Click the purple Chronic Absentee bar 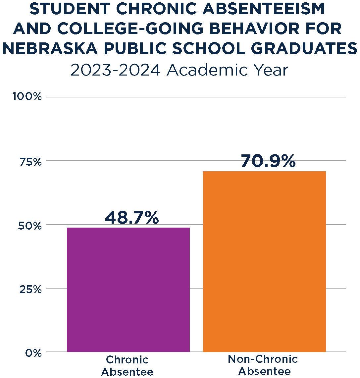pos(128,290)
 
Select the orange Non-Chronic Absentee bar pos(264,261)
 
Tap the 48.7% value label pos(132,218)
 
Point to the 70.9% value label pos(268,161)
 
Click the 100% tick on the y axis pos(27,97)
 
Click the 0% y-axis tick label pos(33,353)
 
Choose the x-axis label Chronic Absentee pos(128,365)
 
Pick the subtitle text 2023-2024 pos(116,71)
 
